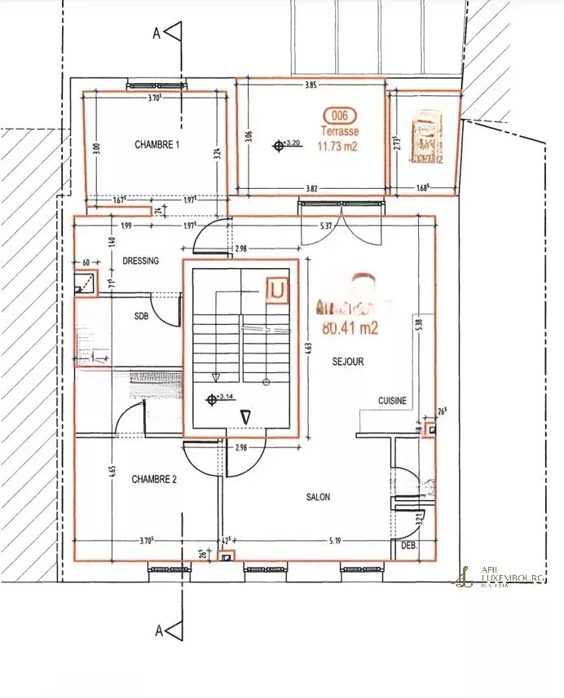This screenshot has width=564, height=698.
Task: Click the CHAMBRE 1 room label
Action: (156, 145)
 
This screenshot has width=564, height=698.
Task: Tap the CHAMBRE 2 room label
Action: (155, 480)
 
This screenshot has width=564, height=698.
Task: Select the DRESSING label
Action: (140, 261)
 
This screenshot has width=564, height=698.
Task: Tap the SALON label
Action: (318, 497)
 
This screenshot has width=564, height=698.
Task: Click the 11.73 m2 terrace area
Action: (338, 147)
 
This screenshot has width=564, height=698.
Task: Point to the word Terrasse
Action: (338, 130)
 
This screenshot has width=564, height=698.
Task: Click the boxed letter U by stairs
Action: (278, 289)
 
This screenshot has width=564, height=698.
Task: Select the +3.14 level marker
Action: (221, 398)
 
